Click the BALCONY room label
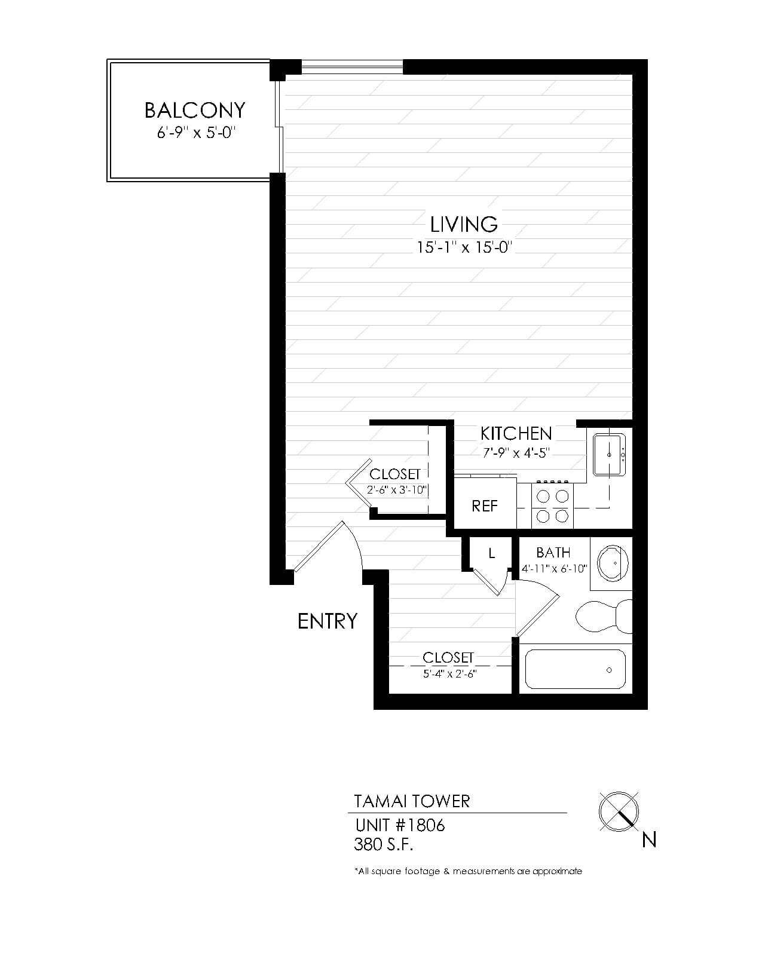[195, 110]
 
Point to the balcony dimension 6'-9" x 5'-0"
[195, 133]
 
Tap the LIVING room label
[464, 224]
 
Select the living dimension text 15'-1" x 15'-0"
[464, 247]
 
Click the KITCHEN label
[516, 433]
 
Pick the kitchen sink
[610, 455]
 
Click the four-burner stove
[552, 505]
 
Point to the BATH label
[553, 552]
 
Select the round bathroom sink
[613, 563]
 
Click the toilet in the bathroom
[604, 615]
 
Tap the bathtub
[575, 669]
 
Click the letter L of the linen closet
[492, 553]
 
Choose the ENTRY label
[327, 621]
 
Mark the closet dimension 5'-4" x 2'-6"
[449, 674]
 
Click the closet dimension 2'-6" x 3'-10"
[396, 490]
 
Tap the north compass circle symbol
[619, 811]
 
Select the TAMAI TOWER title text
[412, 801]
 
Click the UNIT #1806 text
[400, 825]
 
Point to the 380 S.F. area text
[383, 844]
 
